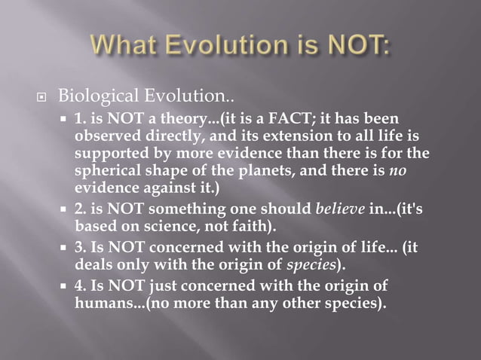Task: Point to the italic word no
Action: coord(420,170)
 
